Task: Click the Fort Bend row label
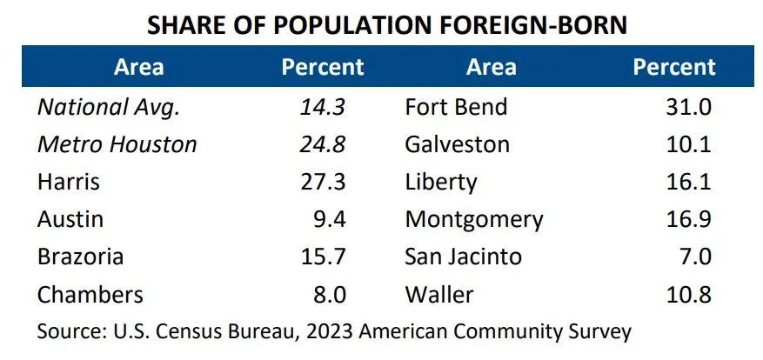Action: click(456, 107)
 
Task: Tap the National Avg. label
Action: click(108, 107)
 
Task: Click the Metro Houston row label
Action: click(117, 144)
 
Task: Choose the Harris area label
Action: click(69, 182)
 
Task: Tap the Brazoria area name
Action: click(80, 257)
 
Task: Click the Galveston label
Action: click(457, 144)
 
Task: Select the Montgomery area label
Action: click(473, 219)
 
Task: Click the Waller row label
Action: click(439, 294)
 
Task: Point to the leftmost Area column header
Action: click(138, 67)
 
